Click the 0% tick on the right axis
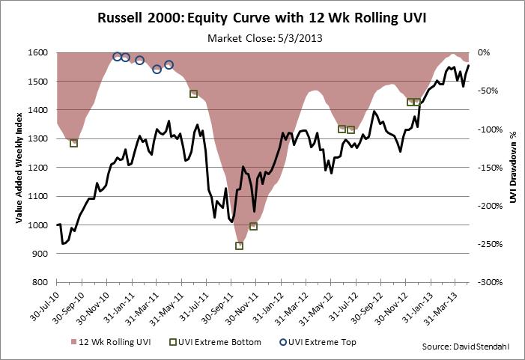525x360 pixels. (x=484, y=52)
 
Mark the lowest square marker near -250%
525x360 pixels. (x=240, y=245)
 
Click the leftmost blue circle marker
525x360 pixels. (x=117, y=57)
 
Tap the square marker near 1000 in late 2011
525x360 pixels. (x=253, y=226)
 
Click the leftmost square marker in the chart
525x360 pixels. (x=73, y=143)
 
